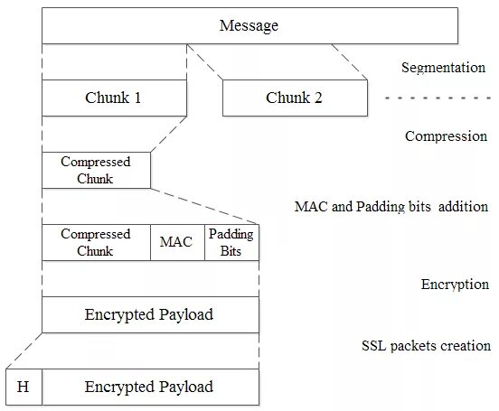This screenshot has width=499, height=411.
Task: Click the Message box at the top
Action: pyautogui.click(x=249, y=26)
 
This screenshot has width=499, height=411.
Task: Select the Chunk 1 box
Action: pyautogui.click(x=114, y=98)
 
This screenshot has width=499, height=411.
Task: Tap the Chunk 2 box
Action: pyautogui.click(x=295, y=98)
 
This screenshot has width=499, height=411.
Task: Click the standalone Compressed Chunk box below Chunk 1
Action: pyautogui.click(x=96, y=170)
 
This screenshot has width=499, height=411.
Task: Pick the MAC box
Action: pyautogui.click(x=177, y=242)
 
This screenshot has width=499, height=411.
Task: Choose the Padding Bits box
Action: pyautogui.click(x=231, y=242)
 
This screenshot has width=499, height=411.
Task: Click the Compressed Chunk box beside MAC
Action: pyautogui.click(x=96, y=242)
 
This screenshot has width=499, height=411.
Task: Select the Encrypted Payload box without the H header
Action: pyautogui.click(x=151, y=314)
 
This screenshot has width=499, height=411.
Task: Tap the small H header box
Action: pyautogui.click(x=24, y=387)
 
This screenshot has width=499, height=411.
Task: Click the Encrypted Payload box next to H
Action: pyautogui.click(x=151, y=387)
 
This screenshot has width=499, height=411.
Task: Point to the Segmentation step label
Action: pyautogui.click(x=443, y=68)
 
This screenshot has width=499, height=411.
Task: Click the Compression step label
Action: pyautogui.click(x=446, y=136)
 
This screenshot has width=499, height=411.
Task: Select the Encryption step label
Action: pyautogui.click(x=455, y=285)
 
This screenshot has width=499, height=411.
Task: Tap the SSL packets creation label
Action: pyautogui.click(x=426, y=346)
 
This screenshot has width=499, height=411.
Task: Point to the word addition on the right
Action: pyautogui.click(x=464, y=207)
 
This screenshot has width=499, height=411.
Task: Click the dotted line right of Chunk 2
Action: pyautogui.click(x=438, y=98)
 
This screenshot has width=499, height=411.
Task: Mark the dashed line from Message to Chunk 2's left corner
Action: pyautogui.click(x=204, y=61)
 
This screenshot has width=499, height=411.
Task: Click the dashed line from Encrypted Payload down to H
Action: pyautogui.click(x=24, y=350)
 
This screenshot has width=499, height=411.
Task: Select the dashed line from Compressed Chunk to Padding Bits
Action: pyautogui.click(x=204, y=206)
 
